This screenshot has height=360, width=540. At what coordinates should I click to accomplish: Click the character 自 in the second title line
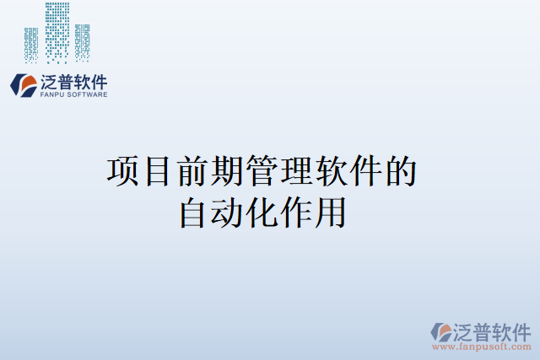point(194,211)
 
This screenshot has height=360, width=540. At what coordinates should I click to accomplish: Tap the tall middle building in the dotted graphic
point(57,32)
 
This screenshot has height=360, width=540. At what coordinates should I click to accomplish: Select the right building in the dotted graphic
point(82,42)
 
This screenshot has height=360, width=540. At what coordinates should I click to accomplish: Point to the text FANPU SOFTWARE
point(73,95)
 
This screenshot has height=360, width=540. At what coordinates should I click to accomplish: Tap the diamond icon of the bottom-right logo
point(442,332)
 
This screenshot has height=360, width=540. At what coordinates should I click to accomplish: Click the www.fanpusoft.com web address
point(481,347)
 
